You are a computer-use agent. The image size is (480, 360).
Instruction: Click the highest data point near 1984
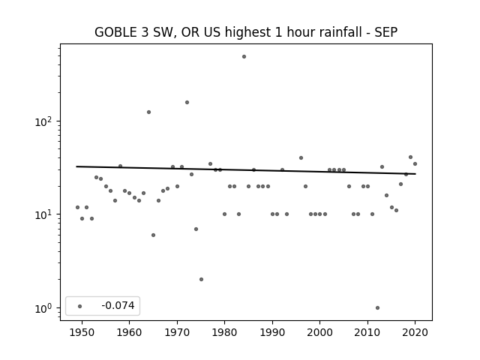pyautogui.click(x=244, y=57)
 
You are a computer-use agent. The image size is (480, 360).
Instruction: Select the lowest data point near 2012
pyautogui.click(x=377, y=308)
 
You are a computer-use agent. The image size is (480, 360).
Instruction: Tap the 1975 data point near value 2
pyautogui.click(x=201, y=280)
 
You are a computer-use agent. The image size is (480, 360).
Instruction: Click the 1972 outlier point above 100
pyautogui.click(x=187, y=103)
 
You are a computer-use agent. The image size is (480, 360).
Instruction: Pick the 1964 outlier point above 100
pyautogui.click(x=148, y=112)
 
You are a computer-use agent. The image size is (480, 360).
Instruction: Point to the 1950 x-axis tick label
pyautogui.click(x=82, y=333)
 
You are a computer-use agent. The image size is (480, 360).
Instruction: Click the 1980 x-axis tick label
pyautogui.click(x=225, y=333)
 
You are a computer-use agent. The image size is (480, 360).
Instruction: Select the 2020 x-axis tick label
pyautogui.click(x=415, y=333)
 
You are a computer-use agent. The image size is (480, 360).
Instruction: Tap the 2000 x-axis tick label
pyautogui.click(x=320, y=333)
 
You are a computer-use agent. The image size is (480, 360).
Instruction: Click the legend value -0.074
pyautogui.click(x=118, y=305)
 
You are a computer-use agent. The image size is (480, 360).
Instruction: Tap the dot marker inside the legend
pyautogui.click(x=80, y=306)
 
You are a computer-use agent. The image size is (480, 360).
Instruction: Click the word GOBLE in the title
pyautogui.click(x=115, y=32)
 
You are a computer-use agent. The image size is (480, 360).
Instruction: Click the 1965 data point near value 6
pyautogui.click(x=153, y=235)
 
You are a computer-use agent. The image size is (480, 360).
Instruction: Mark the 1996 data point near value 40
pyautogui.click(x=301, y=158)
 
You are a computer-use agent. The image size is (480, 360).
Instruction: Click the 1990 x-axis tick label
pyautogui.click(x=272, y=333)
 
